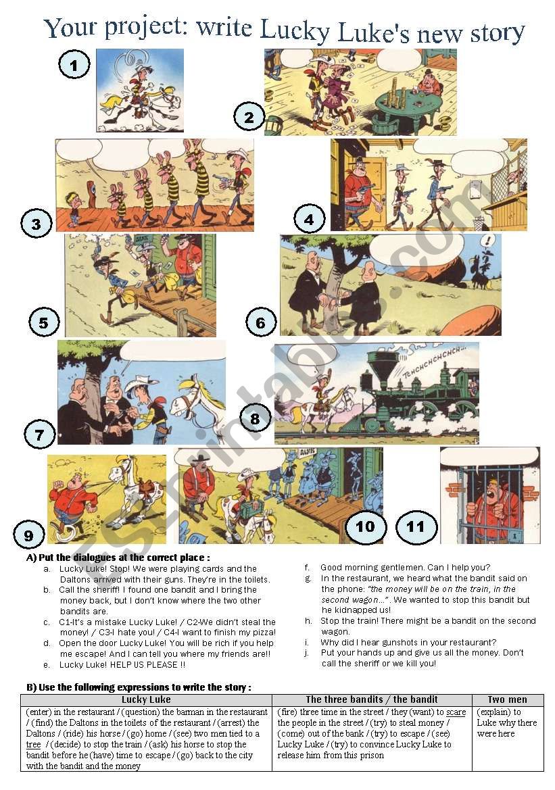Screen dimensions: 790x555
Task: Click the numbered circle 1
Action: click(76, 65)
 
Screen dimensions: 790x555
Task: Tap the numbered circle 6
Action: click(261, 323)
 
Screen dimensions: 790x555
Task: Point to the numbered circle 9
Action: click(28, 535)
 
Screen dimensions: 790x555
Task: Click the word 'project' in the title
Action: click(145, 28)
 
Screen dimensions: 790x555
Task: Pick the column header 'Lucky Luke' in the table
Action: click(146, 699)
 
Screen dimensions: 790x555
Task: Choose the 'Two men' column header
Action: click(507, 699)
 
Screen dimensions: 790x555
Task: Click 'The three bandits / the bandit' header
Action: click(372, 699)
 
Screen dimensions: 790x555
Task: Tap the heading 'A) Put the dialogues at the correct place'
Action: click(118, 558)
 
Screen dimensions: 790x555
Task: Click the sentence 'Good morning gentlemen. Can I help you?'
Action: click(405, 568)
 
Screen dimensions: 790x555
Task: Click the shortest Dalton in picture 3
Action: click(72, 203)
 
